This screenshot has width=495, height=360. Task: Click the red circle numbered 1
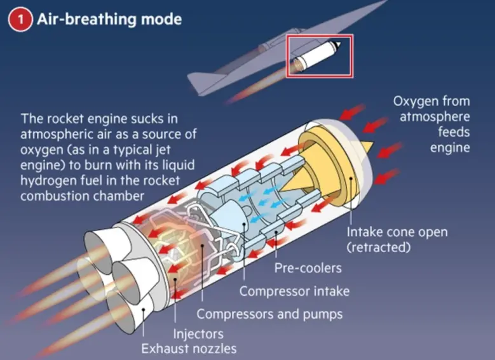(20, 20)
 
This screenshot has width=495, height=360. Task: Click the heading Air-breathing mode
(109, 19)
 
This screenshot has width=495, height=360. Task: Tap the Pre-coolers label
(308, 268)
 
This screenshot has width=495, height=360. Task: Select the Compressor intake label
(294, 291)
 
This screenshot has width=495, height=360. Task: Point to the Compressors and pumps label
(269, 314)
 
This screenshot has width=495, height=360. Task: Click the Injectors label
(198, 334)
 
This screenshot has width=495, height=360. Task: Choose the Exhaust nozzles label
(189, 349)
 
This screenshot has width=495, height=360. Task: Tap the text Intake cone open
(397, 232)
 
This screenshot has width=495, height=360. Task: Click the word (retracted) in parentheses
(379, 247)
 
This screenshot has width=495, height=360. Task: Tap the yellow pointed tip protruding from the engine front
(368, 147)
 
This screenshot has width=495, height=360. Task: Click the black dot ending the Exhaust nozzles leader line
(144, 309)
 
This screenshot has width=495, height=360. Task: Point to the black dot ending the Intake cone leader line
(351, 178)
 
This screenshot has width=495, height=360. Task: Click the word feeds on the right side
(454, 131)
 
